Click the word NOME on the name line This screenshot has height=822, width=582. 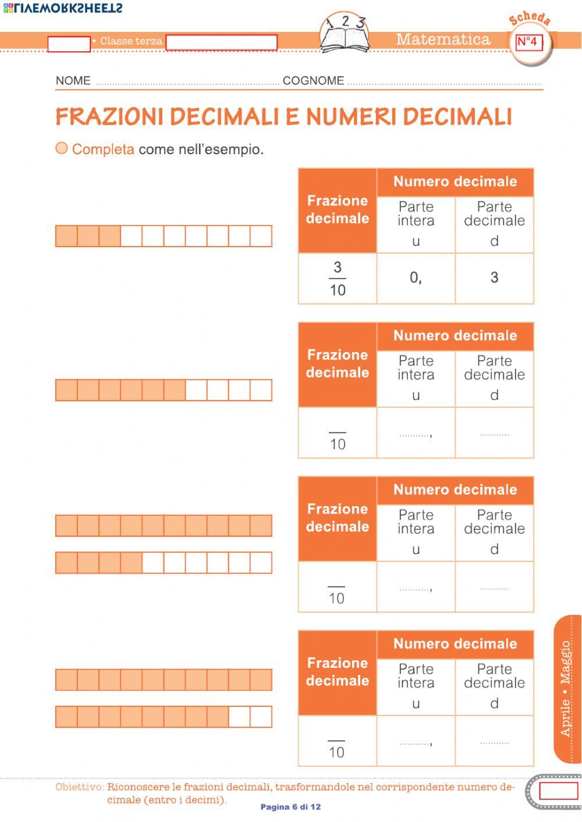click(73, 81)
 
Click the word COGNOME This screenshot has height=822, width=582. click(313, 81)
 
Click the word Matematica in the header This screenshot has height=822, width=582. click(443, 40)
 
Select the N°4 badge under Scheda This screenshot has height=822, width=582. click(527, 42)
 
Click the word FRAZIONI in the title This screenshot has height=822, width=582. click(109, 117)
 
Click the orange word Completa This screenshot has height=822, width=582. click(103, 150)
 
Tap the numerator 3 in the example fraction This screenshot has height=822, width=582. click(338, 268)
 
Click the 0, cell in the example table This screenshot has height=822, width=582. click(416, 278)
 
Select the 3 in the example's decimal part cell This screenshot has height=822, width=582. click(494, 278)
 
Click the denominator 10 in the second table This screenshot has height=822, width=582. click(338, 444)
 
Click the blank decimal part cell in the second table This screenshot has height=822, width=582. click(494, 433)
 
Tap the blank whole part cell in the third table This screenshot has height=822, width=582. click(416, 588)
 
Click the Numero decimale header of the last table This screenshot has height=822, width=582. click(455, 644)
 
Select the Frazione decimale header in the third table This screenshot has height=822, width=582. click(338, 518)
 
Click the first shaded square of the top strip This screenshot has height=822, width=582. click(66, 236)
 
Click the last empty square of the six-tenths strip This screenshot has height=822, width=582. click(261, 390)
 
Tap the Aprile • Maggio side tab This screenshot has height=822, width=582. click(566, 688)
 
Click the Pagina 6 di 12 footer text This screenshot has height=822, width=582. click(290, 807)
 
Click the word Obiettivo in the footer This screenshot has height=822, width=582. click(79, 787)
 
